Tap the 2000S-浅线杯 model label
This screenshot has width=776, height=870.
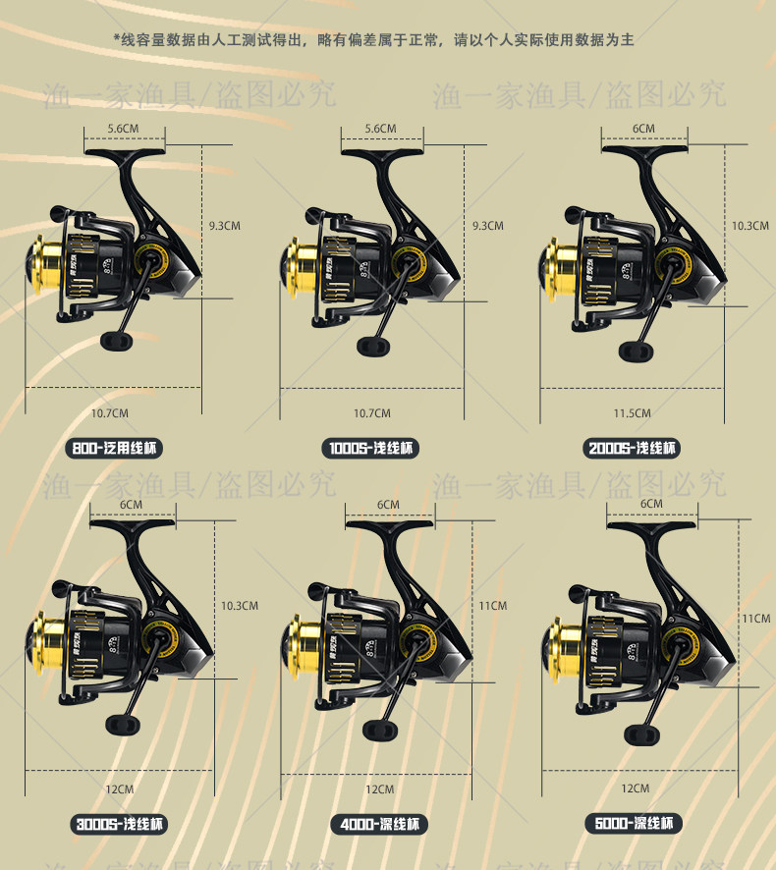pyautogui.click(x=632, y=449)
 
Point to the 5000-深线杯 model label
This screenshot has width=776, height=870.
pyautogui.click(x=634, y=824)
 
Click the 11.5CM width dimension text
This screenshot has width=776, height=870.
pyautogui.click(x=632, y=413)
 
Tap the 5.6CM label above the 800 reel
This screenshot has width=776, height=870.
pyautogui.click(x=124, y=128)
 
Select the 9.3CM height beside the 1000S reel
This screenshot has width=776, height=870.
pyautogui.click(x=487, y=226)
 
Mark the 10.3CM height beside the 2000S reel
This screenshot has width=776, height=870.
pyautogui.click(x=749, y=226)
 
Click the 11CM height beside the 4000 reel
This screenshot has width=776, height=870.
pyautogui.click(x=492, y=606)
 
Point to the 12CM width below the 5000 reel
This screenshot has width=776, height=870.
pyautogui.click(x=636, y=788)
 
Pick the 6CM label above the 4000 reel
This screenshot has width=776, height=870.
pyautogui.click(x=388, y=505)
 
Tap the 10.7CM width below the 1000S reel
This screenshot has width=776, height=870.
pyautogui.click(x=372, y=413)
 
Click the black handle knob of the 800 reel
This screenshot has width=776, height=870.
pyautogui.click(x=116, y=339)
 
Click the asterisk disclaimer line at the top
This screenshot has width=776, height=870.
pyautogui.click(x=374, y=40)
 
